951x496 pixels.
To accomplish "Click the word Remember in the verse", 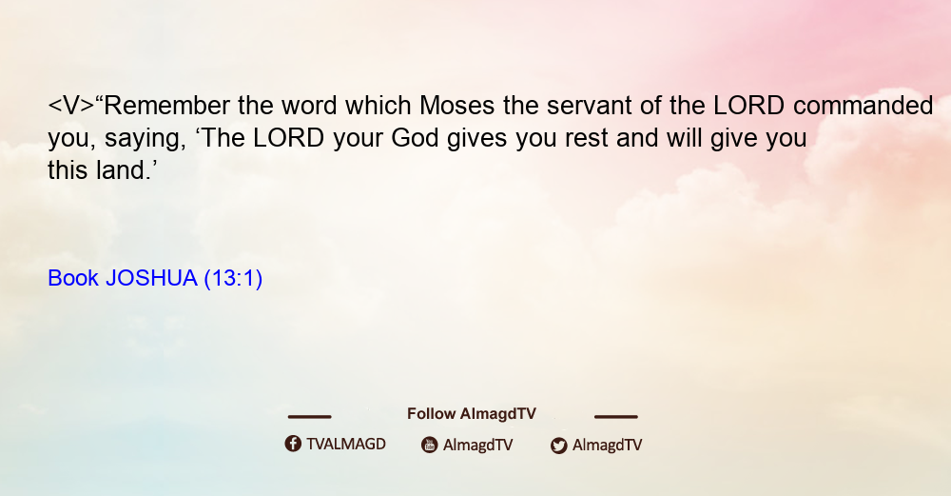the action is (166, 106).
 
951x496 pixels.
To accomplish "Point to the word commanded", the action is (864, 106).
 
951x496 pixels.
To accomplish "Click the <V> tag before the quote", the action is (71, 106).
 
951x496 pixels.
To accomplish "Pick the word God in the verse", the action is (415, 138).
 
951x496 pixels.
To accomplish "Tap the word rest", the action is (587, 139).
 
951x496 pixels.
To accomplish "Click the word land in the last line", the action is (120, 170).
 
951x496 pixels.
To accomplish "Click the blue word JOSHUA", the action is (151, 278).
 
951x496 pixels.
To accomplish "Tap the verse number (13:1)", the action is (234, 279).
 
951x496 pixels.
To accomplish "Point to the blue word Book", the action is (73, 278).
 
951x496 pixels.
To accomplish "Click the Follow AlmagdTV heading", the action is (472, 414).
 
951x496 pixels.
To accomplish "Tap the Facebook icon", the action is (293, 444).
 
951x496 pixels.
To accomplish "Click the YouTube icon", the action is (430, 445).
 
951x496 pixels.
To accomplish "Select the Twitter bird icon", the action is (558, 446).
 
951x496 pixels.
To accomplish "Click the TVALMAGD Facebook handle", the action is (346, 444).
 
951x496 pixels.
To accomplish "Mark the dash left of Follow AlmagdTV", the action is (309, 416).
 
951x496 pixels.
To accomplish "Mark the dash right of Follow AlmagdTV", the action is (616, 416).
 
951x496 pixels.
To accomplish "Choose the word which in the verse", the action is (378, 106).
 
